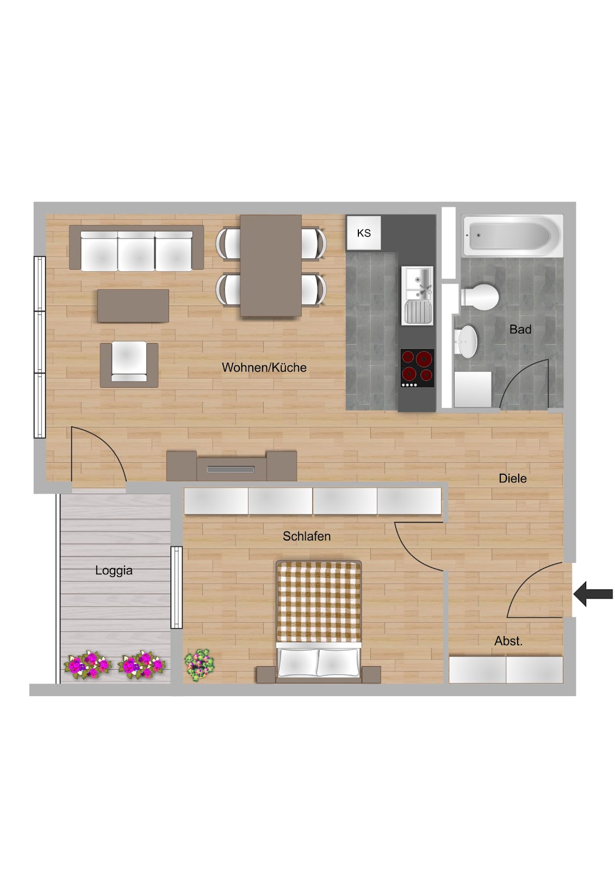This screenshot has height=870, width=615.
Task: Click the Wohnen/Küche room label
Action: pos(264,368)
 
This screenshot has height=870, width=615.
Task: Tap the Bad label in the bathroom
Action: pos(520,330)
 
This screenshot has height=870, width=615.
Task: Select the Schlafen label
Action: pos(307,536)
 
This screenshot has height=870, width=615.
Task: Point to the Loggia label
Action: pos(114,570)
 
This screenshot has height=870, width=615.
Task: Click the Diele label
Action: pos(512,478)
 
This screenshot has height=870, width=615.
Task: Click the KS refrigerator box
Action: pos(364,233)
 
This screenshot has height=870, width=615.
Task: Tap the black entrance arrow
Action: pos(593,594)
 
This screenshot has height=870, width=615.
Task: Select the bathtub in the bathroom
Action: pos(512,235)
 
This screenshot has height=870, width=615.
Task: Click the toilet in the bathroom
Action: pos(480,297)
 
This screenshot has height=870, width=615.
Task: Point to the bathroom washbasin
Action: pos(465,342)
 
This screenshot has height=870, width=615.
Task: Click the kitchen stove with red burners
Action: pos(417,368)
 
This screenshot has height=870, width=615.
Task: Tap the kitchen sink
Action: pos(417,296)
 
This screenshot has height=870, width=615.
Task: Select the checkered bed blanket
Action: pos(319,602)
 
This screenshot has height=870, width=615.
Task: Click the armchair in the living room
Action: pos(129,365)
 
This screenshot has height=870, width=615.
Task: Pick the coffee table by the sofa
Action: pos(133,306)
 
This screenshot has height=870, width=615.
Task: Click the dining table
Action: pos(271,266)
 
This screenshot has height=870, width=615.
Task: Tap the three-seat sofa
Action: pos(136,248)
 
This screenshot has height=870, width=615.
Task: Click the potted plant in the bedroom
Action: pos(199,664)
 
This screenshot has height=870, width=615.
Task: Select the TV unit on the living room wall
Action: pos(232,466)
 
